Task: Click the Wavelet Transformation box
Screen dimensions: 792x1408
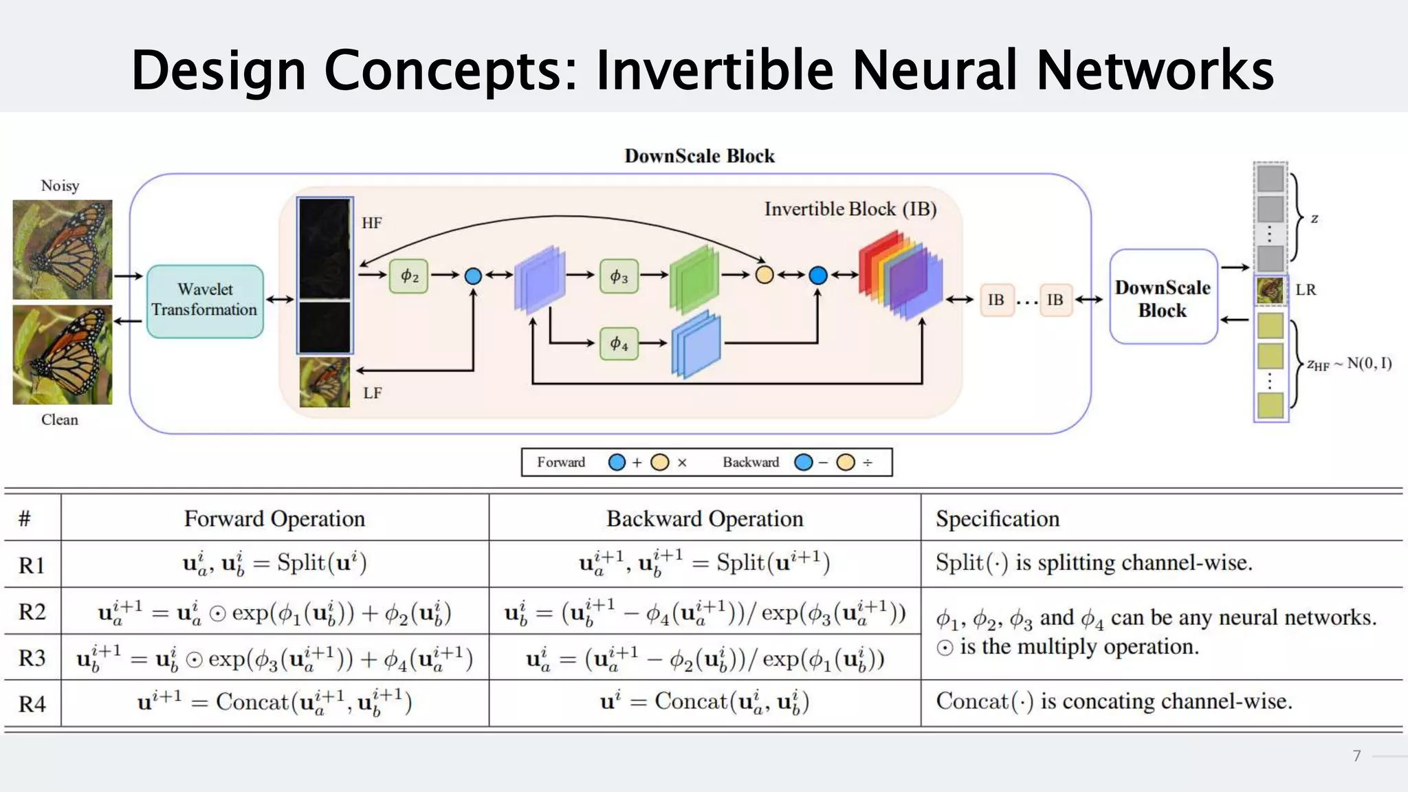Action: pos(205,300)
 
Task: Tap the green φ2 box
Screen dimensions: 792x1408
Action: pos(409,276)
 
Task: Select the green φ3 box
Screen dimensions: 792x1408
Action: pos(619,276)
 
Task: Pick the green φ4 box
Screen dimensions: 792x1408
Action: pos(619,343)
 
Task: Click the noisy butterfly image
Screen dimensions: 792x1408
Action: pos(63,250)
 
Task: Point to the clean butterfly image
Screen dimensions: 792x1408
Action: pos(63,355)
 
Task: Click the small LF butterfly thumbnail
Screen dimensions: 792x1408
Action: pos(324,382)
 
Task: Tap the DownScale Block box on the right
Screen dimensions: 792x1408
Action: pos(1163,298)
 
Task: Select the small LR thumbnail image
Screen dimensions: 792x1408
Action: pos(1270,290)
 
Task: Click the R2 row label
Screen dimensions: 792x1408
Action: pos(32,611)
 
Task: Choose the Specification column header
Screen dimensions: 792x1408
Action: pos(997,518)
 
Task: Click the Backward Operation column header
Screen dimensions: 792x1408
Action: pos(705,518)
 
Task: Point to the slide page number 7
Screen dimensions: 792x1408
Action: pos(1356,756)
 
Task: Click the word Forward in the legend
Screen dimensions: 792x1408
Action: pos(561,462)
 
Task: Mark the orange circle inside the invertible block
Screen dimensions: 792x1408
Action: pos(764,275)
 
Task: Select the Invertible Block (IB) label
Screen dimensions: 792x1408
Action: pos(850,209)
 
